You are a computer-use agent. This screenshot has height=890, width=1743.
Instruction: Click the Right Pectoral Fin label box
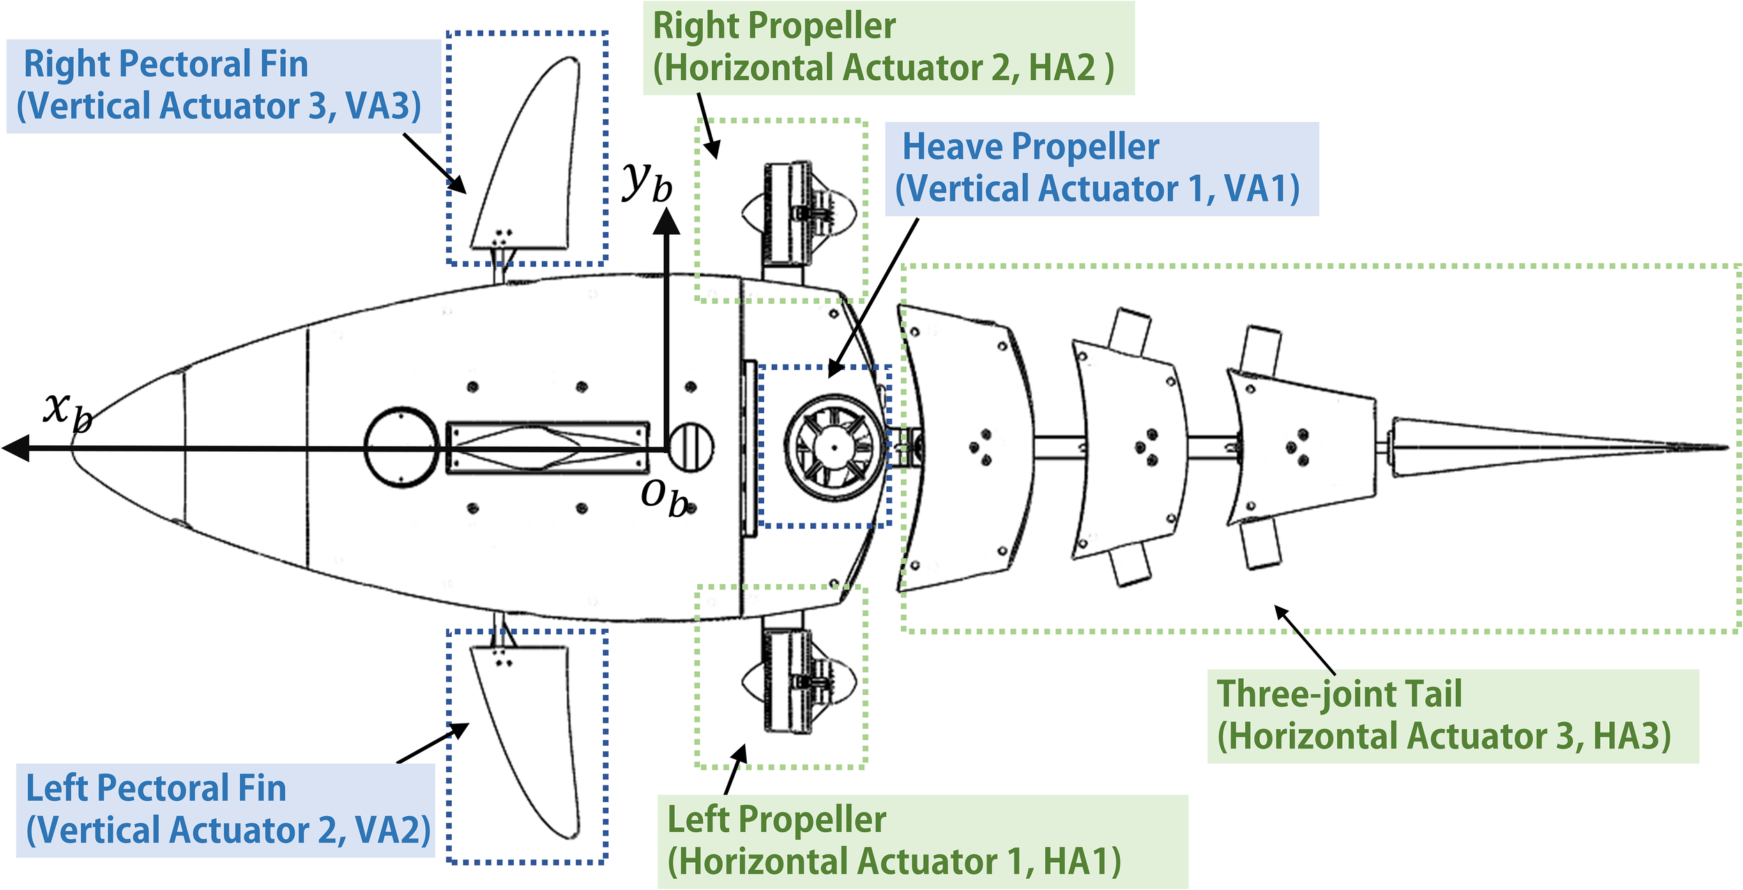coord(223,86)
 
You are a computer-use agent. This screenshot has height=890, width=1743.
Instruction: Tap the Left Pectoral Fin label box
coord(225,810)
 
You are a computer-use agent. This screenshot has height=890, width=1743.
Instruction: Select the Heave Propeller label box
coord(1101,169)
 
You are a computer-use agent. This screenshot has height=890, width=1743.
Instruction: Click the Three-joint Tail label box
coord(1452,716)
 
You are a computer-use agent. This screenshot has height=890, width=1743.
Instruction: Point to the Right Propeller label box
coord(888,47)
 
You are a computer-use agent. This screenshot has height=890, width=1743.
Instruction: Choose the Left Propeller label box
coord(922,841)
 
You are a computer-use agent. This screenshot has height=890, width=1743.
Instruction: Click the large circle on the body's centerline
coord(402,447)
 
